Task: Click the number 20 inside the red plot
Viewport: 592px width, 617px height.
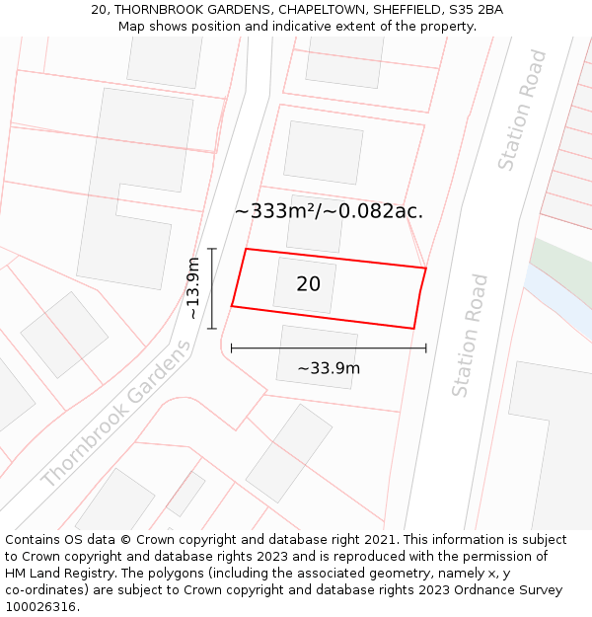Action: pos(308,284)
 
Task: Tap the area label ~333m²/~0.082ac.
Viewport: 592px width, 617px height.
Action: pos(329,210)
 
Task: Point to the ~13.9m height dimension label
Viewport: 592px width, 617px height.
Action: pos(193,288)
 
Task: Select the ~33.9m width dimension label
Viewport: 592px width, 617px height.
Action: pos(329,369)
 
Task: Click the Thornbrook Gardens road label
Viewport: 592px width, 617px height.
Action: pos(116,415)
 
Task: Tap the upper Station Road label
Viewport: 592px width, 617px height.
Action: pos(522,110)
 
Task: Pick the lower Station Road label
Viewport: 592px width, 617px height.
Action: pos(471,336)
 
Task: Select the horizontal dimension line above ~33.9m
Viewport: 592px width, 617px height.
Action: pos(329,347)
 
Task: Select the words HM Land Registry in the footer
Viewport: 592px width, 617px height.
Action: pos(54,574)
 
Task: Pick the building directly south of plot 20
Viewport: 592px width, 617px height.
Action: pos(317,356)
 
